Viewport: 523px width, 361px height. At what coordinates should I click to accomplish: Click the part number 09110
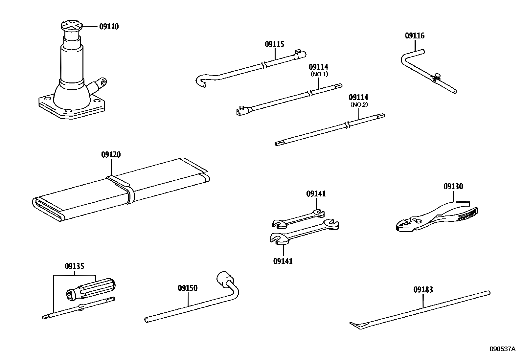(109, 27)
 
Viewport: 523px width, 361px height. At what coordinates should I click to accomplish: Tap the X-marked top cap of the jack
(71, 26)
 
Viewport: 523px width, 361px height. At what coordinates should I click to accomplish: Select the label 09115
(274, 44)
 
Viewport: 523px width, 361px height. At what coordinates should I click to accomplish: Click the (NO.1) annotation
(319, 74)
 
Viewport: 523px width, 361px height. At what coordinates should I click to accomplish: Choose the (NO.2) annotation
(359, 105)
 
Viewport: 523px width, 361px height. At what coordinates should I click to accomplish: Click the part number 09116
(415, 36)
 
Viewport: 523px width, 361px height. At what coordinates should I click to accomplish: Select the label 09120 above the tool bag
(111, 154)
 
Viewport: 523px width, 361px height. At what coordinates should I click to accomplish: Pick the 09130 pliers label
(453, 187)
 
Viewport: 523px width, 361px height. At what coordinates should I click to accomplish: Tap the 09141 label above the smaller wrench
(316, 194)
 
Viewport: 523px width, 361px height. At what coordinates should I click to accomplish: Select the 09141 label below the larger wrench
(283, 261)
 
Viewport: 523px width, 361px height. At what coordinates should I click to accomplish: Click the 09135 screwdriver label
(74, 266)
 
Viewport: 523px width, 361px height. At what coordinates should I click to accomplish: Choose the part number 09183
(423, 290)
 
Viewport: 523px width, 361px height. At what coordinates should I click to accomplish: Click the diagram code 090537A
(503, 349)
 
